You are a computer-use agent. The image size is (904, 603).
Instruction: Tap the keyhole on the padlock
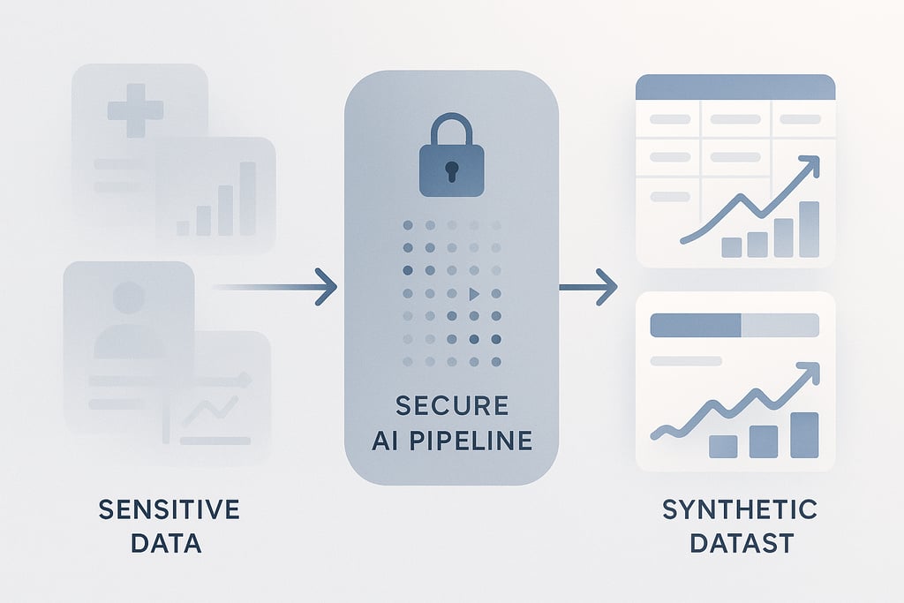[x=450, y=170]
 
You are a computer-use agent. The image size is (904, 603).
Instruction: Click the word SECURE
[x=451, y=406]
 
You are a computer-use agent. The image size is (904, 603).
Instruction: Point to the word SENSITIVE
[x=169, y=509]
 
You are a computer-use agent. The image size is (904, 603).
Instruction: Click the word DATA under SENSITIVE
[x=166, y=543]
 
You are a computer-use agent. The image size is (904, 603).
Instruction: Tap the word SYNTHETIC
[x=740, y=509]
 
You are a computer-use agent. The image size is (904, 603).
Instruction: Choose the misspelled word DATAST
[x=740, y=543]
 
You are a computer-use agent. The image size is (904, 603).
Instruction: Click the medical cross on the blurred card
[x=135, y=109]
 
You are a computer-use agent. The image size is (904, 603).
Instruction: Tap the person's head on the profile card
[x=129, y=298]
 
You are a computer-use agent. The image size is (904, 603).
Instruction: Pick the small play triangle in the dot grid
[x=473, y=293]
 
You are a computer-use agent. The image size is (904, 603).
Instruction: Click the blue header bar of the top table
[x=735, y=87]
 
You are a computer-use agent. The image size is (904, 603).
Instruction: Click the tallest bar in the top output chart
[x=809, y=230]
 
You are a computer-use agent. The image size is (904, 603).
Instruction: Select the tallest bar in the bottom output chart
[x=804, y=434]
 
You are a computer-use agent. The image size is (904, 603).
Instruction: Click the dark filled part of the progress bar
[x=695, y=325]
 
